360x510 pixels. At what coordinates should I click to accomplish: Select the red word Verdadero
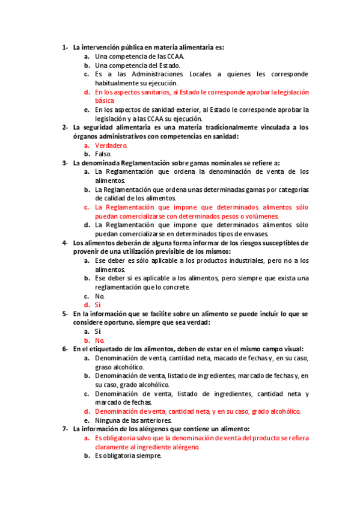pos(111,145)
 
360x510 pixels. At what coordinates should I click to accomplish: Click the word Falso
pos(103,154)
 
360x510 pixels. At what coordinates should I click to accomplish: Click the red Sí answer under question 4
pos(98,305)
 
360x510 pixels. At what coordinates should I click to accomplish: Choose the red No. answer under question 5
pos(100,340)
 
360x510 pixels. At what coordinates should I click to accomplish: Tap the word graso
pos(104,367)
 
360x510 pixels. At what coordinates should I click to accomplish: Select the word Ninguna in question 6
pos(108,420)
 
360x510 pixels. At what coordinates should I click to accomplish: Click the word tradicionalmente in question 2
pos(231,127)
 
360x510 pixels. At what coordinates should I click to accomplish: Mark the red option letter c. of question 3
pos(87,207)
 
